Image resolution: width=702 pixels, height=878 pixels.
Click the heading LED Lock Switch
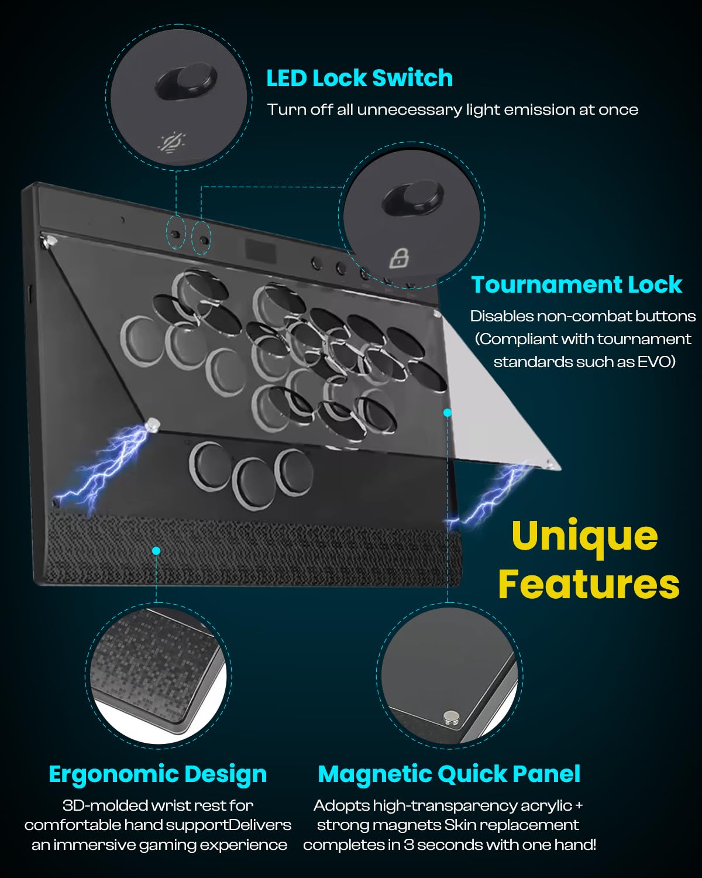click(359, 78)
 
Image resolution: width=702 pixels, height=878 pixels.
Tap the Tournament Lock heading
click(576, 284)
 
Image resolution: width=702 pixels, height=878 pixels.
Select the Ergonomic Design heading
click(157, 774)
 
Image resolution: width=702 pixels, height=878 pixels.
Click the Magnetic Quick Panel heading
click(449, 774)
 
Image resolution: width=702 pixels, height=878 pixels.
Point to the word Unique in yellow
click(584, 536)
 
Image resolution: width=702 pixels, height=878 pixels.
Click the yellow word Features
click(589, 584)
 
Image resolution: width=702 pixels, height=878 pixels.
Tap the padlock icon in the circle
click(400, 257)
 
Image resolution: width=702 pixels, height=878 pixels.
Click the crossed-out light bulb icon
click(173, 142)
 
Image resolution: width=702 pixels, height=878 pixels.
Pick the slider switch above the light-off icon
click(186, 81)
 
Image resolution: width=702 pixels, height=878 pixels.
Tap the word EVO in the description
click(655, 361)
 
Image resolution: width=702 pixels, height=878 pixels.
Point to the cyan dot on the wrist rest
click(156, 550)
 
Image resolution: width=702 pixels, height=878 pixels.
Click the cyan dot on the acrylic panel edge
click(448, 413)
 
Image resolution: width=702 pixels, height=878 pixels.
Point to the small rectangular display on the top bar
click(260, 251)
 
